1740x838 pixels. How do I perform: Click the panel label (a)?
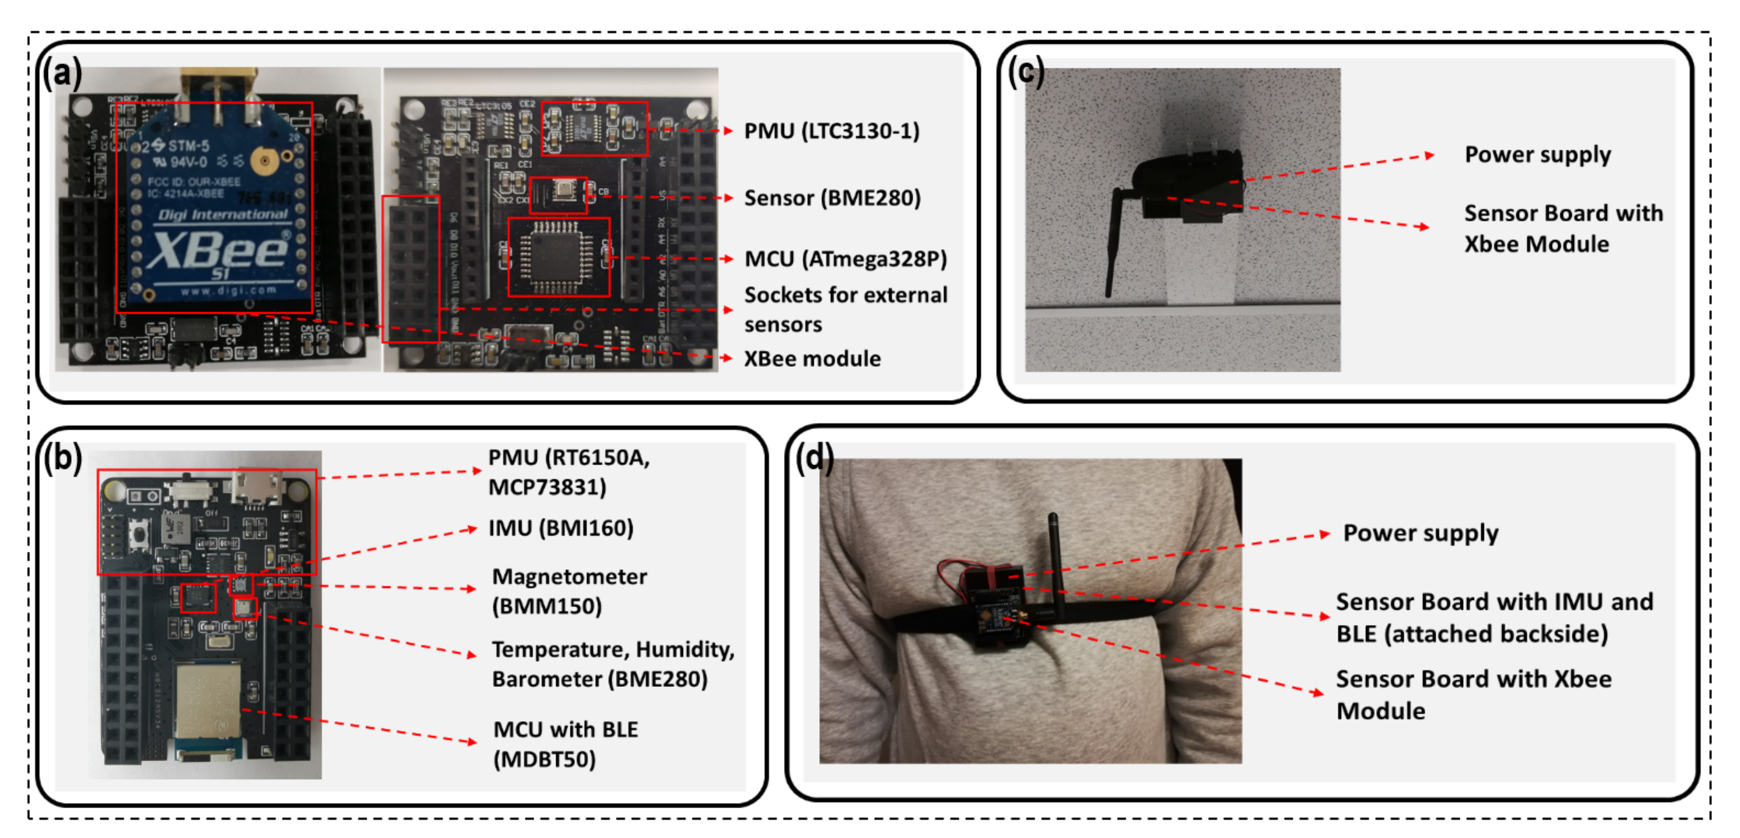[x=62, y=72]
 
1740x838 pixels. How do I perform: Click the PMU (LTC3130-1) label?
[x=832, y=131]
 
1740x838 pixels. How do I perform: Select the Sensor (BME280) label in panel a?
[x=832, y=198]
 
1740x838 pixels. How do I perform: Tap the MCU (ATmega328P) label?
[x=845, y=259]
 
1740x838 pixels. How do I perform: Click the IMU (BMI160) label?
[x=561, y=528]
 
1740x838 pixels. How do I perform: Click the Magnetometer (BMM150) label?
[x=569, y=590]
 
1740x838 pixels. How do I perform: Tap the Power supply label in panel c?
[x=1537, y=155]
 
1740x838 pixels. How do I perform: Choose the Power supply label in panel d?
[x=1420, y=533]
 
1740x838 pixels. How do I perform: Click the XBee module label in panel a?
[x=812, y=358]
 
